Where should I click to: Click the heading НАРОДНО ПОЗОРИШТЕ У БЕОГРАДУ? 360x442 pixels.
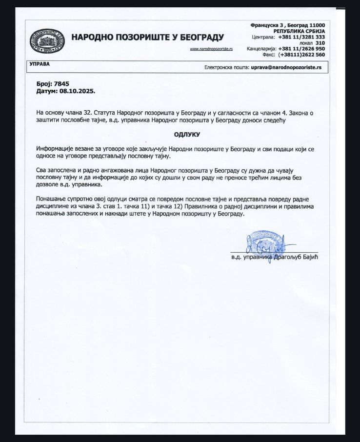(x=147, y=37)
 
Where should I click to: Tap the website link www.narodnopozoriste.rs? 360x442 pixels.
(x=211, y=49)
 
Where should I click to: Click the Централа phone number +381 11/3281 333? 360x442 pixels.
(x=301, y=37)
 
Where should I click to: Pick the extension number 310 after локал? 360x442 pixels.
(x=320, y=42)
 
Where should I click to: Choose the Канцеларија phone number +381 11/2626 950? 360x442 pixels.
(x=301, y=49)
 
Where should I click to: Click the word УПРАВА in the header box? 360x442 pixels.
(x=39, y=64)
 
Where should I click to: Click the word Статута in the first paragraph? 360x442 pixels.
(x=108, y=113)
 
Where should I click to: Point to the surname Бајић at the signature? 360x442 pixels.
(x=315, y=257)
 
